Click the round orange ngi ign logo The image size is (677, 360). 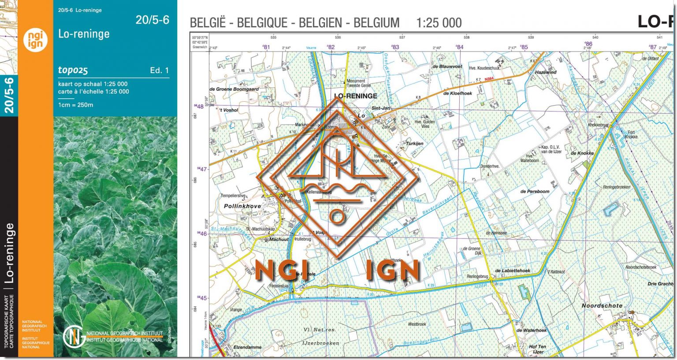[x=35, y=40]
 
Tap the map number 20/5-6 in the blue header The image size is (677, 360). [x=152, y=20]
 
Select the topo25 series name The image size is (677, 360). [x=73, y=70]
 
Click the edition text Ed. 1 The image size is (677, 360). [x=159, y=71]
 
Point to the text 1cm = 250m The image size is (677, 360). [x=75, y=105]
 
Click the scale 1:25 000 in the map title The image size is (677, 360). [x=439, y=23]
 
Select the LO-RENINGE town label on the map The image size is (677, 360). [x=355, y=96]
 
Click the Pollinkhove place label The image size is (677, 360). [x=242, y=206]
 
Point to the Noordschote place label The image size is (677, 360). [x=602, y=305]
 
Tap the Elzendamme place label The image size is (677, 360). [x=247, y=347]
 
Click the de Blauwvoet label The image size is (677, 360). [x=447, y=67]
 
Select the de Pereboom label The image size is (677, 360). [x=535, y=192]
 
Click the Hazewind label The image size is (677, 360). [x=546, y=72]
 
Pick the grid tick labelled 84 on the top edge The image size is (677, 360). [x=460, y=47]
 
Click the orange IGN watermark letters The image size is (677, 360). [x=392, y=270]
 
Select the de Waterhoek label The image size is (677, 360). [x=531, y=330]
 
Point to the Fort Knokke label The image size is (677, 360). [x=631, y=134]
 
